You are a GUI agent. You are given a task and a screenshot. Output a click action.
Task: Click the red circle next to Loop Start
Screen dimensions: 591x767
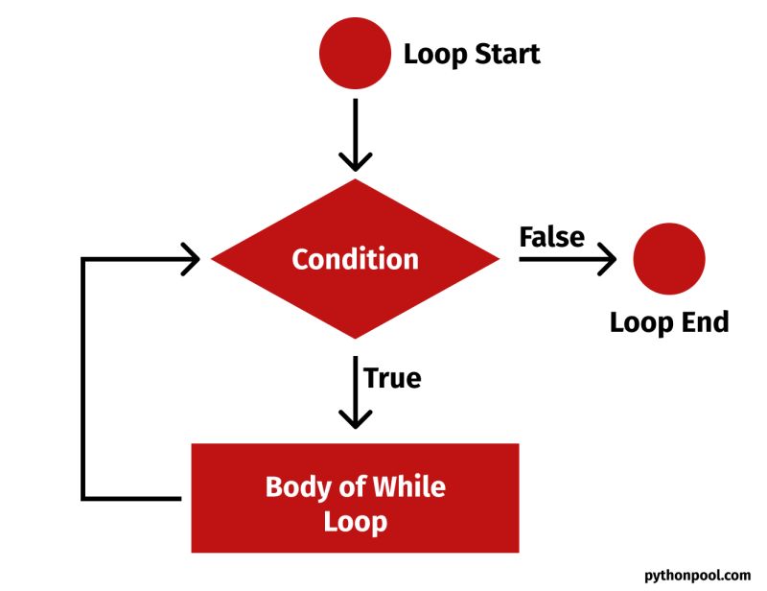click(x=356, y=53)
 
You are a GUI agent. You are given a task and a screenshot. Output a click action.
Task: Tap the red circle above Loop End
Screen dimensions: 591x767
click(x=669, y=259)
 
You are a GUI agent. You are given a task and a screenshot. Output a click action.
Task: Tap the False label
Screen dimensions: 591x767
click(x=551, y=236)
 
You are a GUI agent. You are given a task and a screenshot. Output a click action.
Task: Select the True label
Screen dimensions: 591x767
click(x=392, y=377)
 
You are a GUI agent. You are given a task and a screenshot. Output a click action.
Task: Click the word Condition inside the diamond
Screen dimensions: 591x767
click(x=355, y=259)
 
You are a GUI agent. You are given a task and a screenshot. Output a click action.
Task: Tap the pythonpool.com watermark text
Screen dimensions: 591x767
click(x=698, y=575)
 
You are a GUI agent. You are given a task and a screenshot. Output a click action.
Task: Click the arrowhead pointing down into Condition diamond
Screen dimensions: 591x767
click(x=356, y=159)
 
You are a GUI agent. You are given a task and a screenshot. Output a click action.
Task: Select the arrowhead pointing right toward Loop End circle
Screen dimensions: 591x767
click(x=606, y=258)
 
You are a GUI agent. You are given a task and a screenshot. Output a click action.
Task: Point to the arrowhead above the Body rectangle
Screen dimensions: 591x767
click(x=356, y=418)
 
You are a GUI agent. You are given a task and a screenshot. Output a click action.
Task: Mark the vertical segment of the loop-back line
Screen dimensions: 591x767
click(x=84, y=379)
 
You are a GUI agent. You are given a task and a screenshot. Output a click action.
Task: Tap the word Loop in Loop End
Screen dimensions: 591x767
click(x=640, y=321)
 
